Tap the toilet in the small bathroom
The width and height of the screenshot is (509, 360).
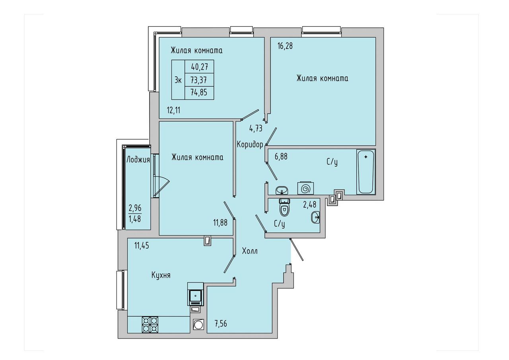click(284, 207)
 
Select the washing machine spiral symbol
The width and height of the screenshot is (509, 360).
click(306, 188)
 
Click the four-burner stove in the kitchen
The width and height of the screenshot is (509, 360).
click(150, 325)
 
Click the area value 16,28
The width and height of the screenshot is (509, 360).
click(285, 46)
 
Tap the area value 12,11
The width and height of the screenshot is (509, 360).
click(174, 111)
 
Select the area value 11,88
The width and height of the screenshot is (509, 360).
click(220, 222)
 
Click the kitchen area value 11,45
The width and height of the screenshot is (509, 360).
click(142, 245)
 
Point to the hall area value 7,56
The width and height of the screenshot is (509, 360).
click(221, 323)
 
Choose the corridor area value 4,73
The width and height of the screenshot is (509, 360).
click(256, 128)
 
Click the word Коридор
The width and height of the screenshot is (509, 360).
click(250, 144)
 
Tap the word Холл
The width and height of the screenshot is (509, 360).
click(250, 251)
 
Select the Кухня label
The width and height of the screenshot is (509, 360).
click(161, 275)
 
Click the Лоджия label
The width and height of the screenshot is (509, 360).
click(138, 160)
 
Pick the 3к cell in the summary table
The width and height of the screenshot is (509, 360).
click(178, 80)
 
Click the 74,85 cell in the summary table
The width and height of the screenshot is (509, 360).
click(199, 93)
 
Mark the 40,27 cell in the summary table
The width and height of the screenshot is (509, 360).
click(199, 66)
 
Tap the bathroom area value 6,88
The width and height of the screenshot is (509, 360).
click(281, 157)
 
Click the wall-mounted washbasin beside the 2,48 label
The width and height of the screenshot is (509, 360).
click(315, 217)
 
